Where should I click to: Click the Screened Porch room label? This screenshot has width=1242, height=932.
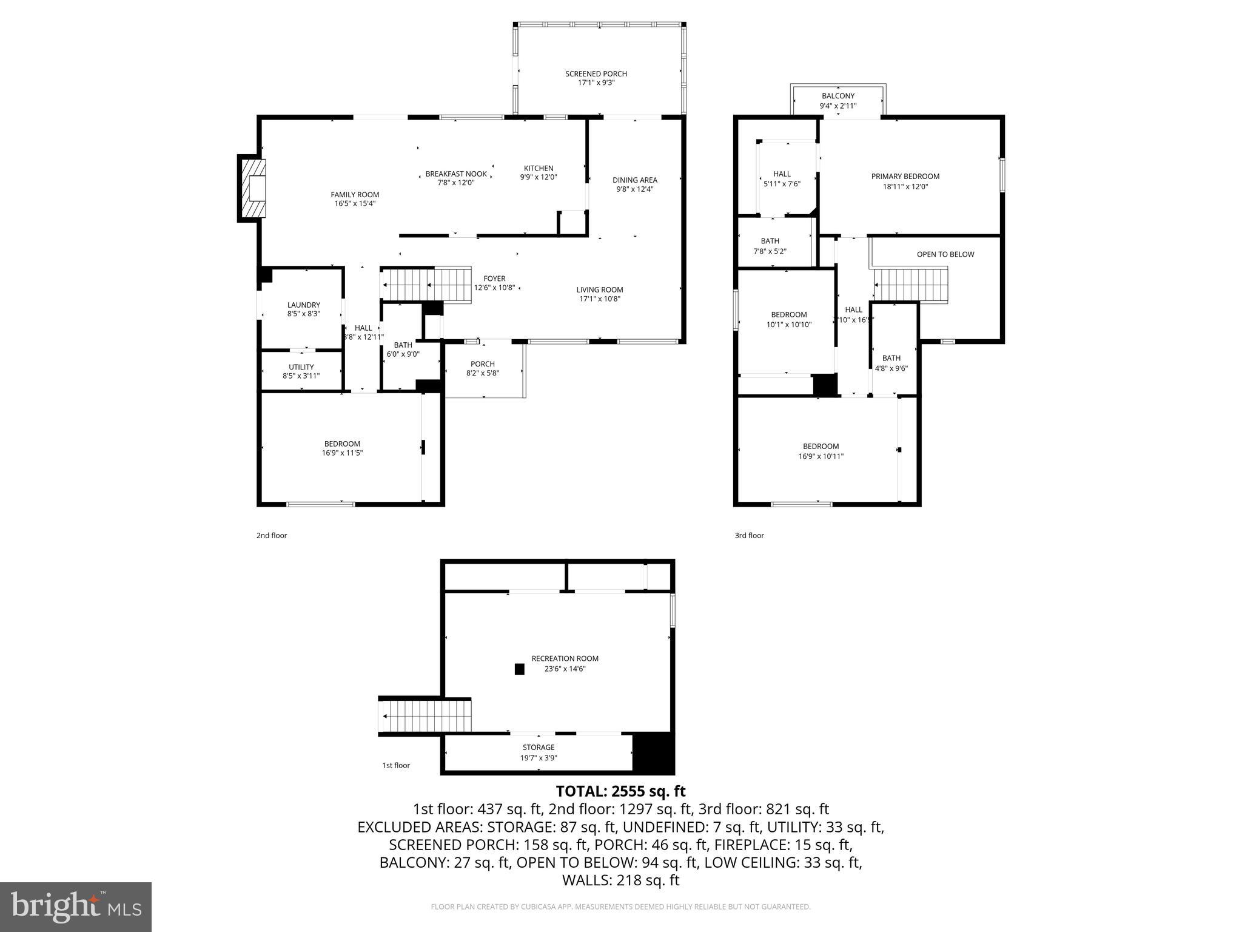pyautogui.click(x=596, y=74)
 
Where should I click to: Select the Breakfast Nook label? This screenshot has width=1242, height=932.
pyautogui.click(x=455, y=174)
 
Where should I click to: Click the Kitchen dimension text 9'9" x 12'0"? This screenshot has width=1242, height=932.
pyautogui.click(x=538, y=178)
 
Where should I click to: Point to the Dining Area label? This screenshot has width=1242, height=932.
pyautogui.click(x=634, y=180)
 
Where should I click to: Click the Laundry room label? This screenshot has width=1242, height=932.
pyautogui.click(x=303, y=305)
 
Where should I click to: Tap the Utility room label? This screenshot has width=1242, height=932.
pyautogui.click(x=301, y=367)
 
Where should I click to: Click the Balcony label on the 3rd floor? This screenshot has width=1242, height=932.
pyautogui.click(x=838, y=96)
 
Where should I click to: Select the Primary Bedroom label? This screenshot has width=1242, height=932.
pyautogui.click(x=905, y=177)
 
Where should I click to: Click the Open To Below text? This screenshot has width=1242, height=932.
pyautogui.click(x=945, y=254)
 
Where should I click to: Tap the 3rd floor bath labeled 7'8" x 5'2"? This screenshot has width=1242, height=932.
pyautogui.click(x=770, y=246)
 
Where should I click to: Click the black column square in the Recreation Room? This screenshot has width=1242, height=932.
pyautogui.click(x=519, y=669)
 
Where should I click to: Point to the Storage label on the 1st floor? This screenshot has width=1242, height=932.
pyautogui.click(x=538, y=748)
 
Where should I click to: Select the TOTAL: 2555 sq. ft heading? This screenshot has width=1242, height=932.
pyautogui.click(x=620, y=791)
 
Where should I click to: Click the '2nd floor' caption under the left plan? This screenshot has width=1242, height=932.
pyautogui.click(x=271, y=536)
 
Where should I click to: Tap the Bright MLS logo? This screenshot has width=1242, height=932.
pyautogui.click(x=76, y=907)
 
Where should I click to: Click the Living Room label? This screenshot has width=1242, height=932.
pyautogui.click(x=599, y=290)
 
